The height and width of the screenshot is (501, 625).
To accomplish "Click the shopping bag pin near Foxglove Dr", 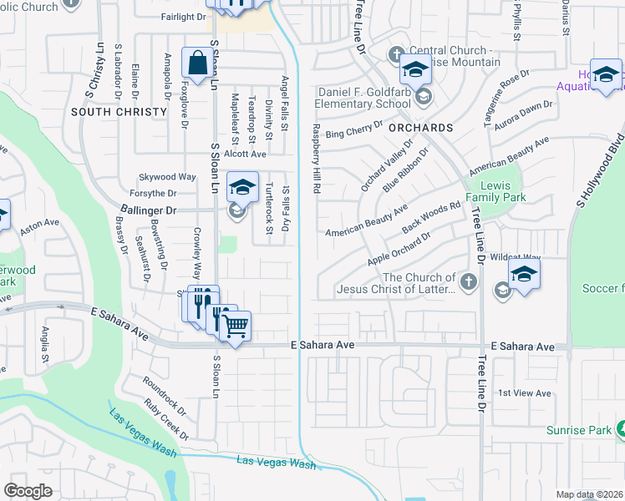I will (x=196, y=63).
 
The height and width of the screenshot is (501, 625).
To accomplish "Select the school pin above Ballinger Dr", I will (x=242, y=188).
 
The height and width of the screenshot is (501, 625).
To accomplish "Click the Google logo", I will (x=28, y=490).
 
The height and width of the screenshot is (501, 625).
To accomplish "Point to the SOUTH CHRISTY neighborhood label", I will (x=107, y=111).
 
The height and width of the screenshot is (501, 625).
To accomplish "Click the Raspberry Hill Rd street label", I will (x=317, y=159).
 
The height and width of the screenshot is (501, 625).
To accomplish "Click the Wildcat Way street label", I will (x=516, y=257).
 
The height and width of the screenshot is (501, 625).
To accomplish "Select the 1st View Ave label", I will (x=524, y=392).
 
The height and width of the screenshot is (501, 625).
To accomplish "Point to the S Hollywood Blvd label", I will (x=602, y=168).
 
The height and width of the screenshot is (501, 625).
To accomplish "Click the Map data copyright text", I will (x=589, y=494).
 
